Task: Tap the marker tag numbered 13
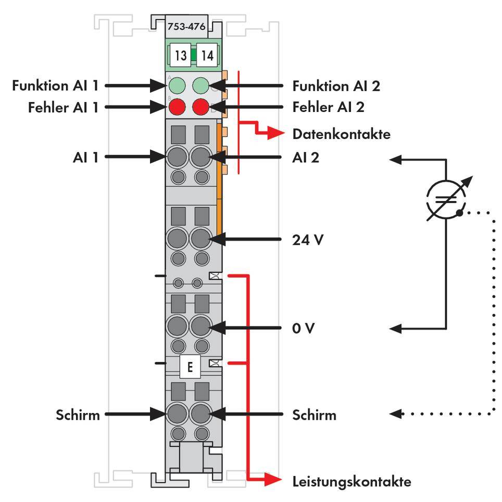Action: point(180,55)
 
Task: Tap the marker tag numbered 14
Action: point(207,55)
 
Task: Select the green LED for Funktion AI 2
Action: point(201,85)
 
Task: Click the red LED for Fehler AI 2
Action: point(201,107)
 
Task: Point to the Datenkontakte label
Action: point(341,134)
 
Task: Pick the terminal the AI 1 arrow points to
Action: point(178,156)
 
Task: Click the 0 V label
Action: point(304,329)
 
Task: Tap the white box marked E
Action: point(190,367)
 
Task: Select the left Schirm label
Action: point(78,415)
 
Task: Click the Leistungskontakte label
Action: point(352,481)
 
